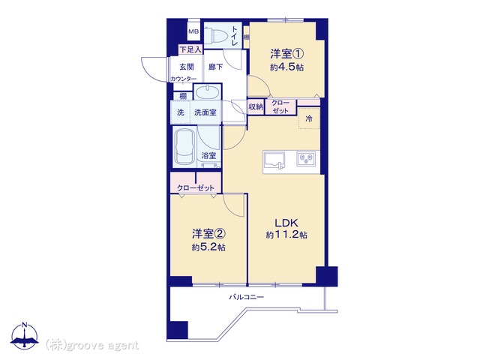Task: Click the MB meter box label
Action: click(x=193, y=31)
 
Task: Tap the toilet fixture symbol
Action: click(x=216, y=35)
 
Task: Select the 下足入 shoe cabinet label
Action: click(x=190, y=49)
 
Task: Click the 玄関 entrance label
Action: click(x=187, y=67)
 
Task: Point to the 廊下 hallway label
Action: click(x=215, y=67)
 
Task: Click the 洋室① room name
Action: click(x=286, y=54)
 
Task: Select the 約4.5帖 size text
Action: click(x=286, y=67)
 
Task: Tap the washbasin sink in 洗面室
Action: click(x=208, y=91)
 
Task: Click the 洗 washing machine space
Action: click(x=181, y=112)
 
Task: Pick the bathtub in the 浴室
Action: click(x=184, y=146)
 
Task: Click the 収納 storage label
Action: click(x=256, y=106)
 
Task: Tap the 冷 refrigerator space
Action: click(x=309, y=118)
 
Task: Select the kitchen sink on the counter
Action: click(x=274, y=160)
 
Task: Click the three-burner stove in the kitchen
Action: click(x=306, y=159)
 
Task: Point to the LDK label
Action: click(x=286, y=223)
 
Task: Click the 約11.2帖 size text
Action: click(x=286, y=235)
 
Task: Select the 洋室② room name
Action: click(x=208, y=234)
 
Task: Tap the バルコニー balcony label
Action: click(x=247, y=297)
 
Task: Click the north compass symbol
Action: click(x=25, y=336)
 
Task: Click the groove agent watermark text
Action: click(x=92, y=346)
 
